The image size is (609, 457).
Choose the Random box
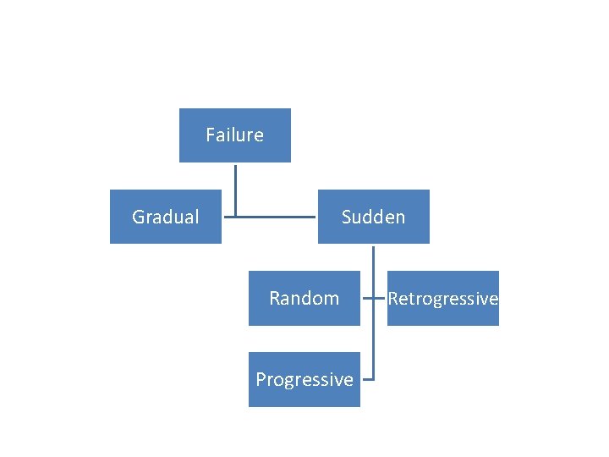[304, 313]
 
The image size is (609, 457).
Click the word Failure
[234, 135]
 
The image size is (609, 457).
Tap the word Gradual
[166, 217]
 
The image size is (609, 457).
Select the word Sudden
[373, 217]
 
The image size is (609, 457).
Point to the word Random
[304, 298]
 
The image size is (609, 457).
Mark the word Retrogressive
[443, 298]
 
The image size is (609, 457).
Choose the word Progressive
[304, 379]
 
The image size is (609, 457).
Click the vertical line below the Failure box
[235, 188]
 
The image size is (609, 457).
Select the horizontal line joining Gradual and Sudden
[271, 217]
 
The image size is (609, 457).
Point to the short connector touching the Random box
[367, 298]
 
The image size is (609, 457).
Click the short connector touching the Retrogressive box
[381, 298]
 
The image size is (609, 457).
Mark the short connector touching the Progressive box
[367, 379]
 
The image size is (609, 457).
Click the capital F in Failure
[210, 135]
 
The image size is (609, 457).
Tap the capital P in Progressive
[261, 379]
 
